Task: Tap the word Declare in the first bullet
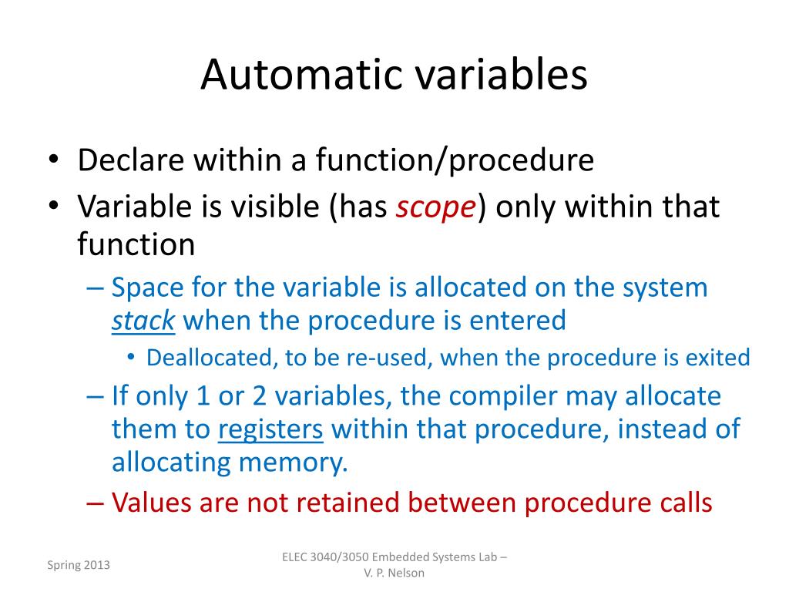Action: (129, 160)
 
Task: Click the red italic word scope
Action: (436, 207)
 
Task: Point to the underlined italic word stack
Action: (143, 320)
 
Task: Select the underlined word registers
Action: (270, 429)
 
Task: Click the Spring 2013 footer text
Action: (79, 565)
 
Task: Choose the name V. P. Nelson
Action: (394, 573)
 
